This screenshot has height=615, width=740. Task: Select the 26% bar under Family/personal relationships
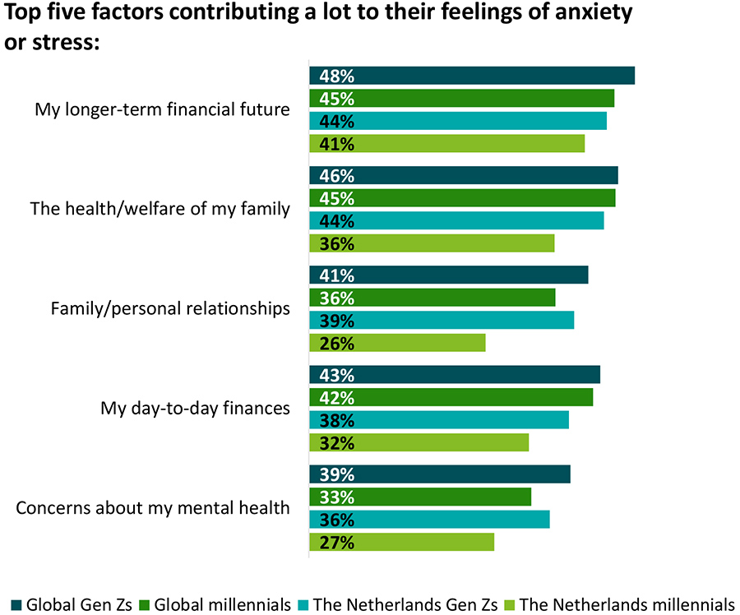[x=397, y=343]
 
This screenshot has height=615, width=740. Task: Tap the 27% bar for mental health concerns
[x=401, y=542]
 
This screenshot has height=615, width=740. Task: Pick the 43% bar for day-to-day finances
[x=454, y=375]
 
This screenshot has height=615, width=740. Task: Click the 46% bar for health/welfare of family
[x=463, y=176]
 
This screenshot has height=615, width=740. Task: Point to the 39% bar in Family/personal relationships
[x=441, y=320]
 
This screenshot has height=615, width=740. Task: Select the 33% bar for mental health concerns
[x=420, y=497]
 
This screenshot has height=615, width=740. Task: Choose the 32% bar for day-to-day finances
[x=419, y=442]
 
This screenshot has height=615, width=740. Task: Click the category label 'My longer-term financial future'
[x=162, y=109]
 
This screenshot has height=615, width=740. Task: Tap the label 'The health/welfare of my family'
[x=160, y=209]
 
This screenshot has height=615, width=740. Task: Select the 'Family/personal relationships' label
[x=170, y=308]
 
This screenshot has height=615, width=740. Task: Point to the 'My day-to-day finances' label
[x=195, y=408]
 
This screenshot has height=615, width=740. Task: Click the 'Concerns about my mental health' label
[x=153, y=507]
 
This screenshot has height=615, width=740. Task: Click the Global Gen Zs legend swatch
[x=16, y=604]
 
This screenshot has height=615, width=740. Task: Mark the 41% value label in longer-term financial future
[x=337, y=145]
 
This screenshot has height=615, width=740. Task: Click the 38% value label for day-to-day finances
[x=337, y=420]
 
